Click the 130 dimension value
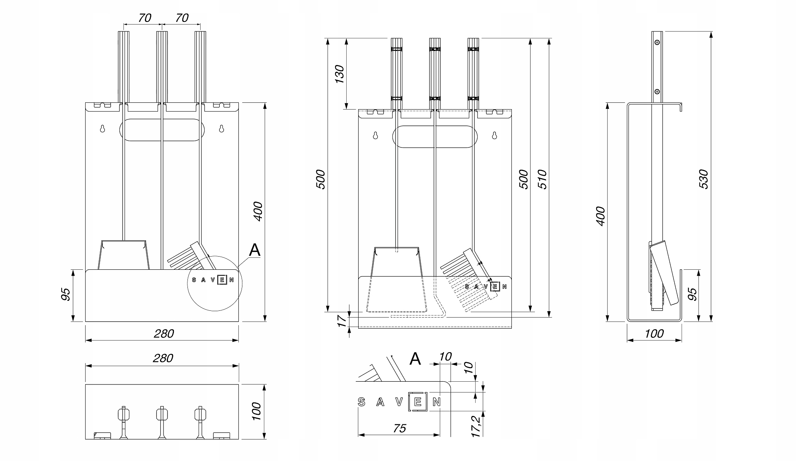click(x=339, y=74)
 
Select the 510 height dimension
click(x=543, y=179)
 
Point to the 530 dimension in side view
click(x=703, y=179)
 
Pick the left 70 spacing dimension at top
click(x=144, y=18)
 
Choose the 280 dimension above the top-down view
click(x=163, y=358)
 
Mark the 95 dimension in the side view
click(x=693, y=294)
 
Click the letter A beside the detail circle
click(x=254, y=250)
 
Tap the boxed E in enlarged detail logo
click(x=418, y=402)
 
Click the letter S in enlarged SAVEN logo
click(x=361, y=402)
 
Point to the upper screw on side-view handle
click(x=657, y=42)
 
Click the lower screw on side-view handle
click(x=657, y=92)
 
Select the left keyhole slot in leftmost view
click(x=102, y=129)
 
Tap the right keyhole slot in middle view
click(x=495, y=135)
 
